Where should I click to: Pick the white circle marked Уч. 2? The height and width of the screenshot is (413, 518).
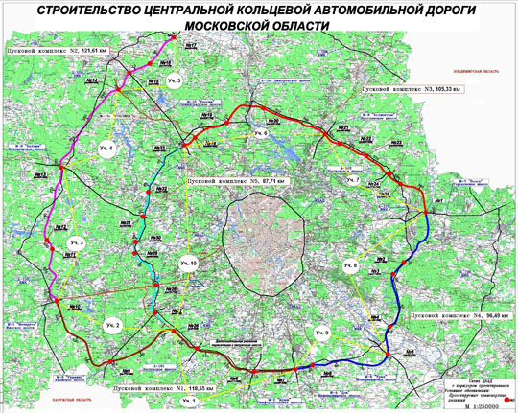coord(112,327)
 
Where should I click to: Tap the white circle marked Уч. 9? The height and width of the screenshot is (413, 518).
coord(320,332)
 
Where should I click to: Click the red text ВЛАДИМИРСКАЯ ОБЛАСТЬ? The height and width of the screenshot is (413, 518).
coord(477,71)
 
